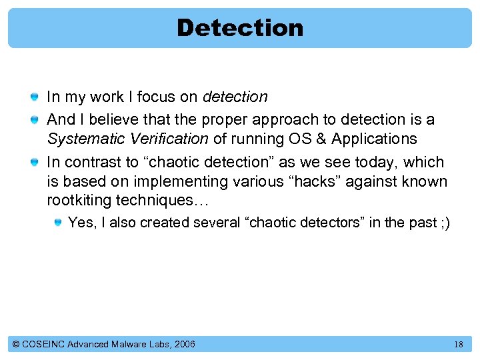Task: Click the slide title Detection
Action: click(240, 28)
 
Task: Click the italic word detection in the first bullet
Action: click(235, 97)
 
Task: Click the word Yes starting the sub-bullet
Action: click(81, 223)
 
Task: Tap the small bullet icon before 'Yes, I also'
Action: click(58, 223)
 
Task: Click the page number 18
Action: click(458, 345)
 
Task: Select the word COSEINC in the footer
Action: click(45, 345)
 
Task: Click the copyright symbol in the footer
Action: click(16, 345)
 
